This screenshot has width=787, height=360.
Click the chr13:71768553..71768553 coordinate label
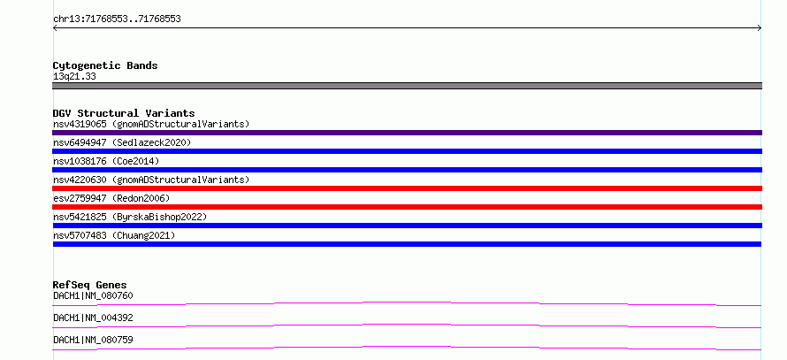117,19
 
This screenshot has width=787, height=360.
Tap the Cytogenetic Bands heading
105,65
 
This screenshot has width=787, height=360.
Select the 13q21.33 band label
74,77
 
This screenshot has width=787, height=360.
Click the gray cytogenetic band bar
407,86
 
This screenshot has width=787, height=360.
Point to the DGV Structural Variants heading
124,113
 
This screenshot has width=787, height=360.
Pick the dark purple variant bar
407,133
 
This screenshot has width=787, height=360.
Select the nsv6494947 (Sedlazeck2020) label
122,142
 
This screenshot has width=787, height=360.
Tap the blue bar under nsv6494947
407,151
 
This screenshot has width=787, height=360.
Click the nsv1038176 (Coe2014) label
106,161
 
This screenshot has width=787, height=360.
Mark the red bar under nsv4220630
407,188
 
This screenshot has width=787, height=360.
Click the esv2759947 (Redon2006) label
111,198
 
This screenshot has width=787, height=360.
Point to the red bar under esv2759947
407,207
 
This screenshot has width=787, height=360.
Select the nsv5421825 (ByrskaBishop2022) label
130,217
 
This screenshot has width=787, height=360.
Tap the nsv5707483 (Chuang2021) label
114,235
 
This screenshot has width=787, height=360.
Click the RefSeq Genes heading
90,285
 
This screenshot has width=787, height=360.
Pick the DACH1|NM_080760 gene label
93,295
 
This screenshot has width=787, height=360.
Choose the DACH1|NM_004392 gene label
93,318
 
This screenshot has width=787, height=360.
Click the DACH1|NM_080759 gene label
93,340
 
